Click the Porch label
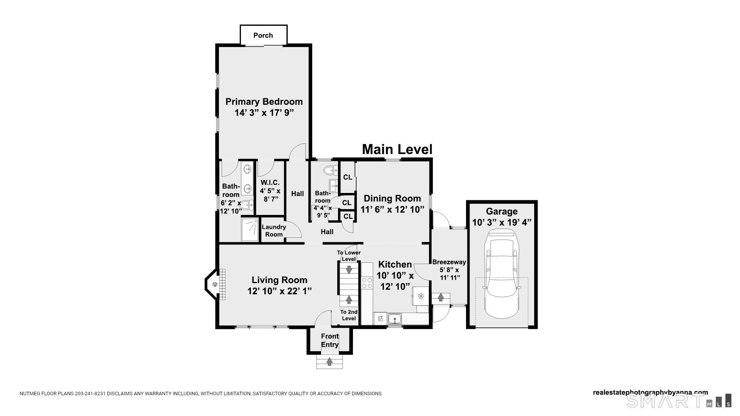click(x=263, y=35)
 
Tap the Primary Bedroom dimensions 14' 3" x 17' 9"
click(x=264, y=113)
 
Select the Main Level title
click(x=397, y=149)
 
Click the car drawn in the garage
click(x=501, y=273)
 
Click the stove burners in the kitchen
click(x=367, y=283)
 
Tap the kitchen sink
click(x=395, y=319)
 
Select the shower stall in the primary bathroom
click(x=250, y=230)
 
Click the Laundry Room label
click(x=274, y=230)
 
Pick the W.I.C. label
click(x=270, y=183)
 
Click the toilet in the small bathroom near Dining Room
click(x=330, y=170)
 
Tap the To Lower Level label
click(x=349, y=256)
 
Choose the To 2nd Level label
click(x=349, y=315)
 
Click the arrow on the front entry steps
click(x=330, y=362)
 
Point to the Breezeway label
click(x=449, y=262)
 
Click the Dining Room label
click(x=392, y=198)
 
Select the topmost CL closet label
click(x=348, y=177)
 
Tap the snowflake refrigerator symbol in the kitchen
click(x=421, y=296)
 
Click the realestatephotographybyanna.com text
click(x=650, y=393)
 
